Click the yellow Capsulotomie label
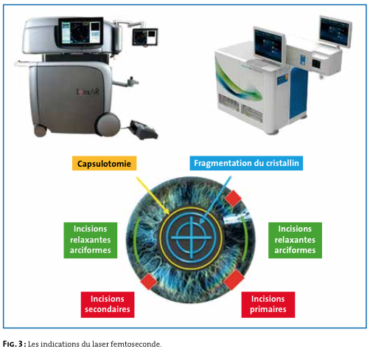pos(104,163)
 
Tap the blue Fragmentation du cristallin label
pos(246,163)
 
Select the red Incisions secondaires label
pos(108,305)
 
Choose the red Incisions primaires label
pos(268,305)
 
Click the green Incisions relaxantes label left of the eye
pos(91,240)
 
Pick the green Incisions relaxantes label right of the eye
pos(295,240)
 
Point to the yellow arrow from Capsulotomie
pos(153,195)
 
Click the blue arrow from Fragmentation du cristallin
pos(215,200)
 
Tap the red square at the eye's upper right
pos(233,198)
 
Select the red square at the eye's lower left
pos(149,281)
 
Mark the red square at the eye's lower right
pos(234,280)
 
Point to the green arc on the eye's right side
pos(245,238)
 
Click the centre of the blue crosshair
pos(192,238)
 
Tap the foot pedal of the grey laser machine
pos(144,129)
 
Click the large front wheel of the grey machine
pos(108,125)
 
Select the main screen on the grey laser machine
pos(81,32)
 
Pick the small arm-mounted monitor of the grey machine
pos(145,37)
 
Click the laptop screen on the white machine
pos(269,46)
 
